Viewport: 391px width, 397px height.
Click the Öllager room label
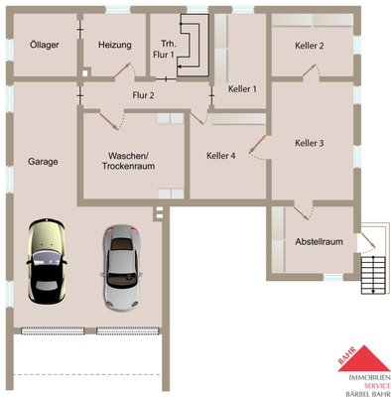point(45,45)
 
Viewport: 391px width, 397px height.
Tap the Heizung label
point(115,45)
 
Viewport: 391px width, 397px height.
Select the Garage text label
point(43,162)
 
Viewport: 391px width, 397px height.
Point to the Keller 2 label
point(310,46)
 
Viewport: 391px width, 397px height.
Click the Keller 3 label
point(310,143)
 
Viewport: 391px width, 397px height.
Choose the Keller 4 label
point(221,156)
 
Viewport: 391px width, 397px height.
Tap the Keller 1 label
point(242,89)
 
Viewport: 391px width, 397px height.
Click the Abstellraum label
point(319,242)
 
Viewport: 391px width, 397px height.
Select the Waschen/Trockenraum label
point(128,161)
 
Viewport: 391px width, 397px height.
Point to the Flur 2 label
point(143,95)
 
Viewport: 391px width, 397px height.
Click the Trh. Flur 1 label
point(164,50)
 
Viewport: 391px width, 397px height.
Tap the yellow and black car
point(47,261)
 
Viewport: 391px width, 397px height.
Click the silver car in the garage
point(122,267)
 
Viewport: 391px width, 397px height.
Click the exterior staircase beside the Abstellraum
point(373,275)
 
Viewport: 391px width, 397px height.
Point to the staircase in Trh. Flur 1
point(193,45)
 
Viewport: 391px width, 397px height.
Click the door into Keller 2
point(312,71)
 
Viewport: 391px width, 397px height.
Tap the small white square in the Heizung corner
point(85,73)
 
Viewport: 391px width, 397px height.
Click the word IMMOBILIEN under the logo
point(369,377)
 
